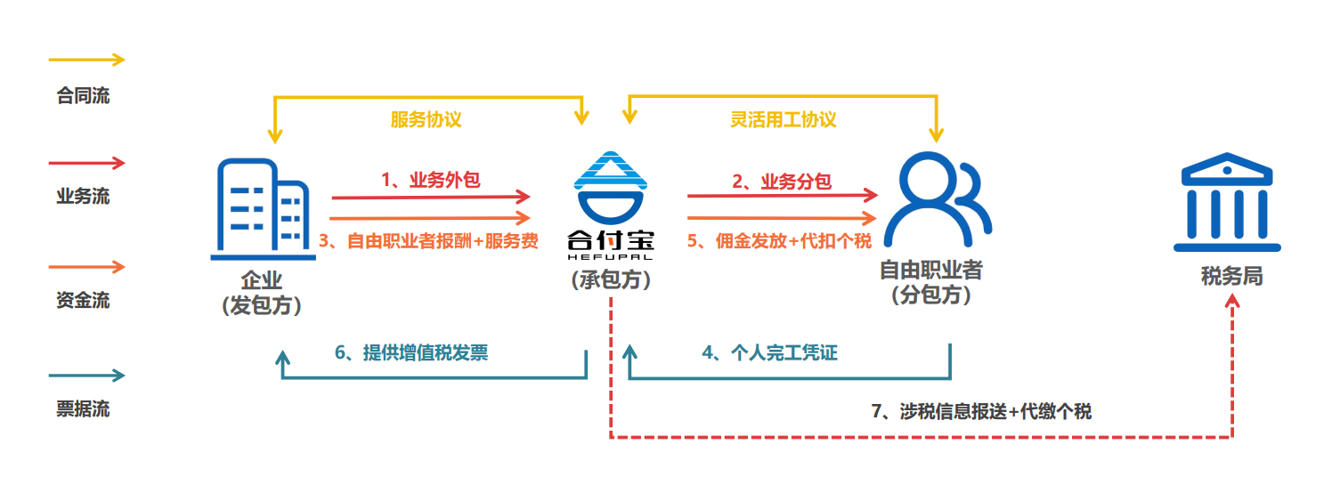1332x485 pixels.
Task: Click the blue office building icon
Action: [264, 208]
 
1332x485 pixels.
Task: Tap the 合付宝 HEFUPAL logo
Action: [611, 205]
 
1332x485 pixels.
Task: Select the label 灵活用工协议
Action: [784, 119]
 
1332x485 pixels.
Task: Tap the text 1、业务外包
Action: [431, 180]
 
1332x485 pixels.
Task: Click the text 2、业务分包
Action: [782, 182]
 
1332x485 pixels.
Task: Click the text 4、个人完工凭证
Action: [770, 353]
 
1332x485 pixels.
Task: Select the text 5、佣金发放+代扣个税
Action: [778, 241]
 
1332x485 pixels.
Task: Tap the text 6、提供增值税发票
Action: [411, 353]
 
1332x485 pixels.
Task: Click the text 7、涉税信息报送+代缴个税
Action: [980, 411]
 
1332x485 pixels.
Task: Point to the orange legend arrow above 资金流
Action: [86, 266]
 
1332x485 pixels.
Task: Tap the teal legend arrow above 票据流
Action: [86, 376]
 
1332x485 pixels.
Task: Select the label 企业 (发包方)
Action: [261, 293]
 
